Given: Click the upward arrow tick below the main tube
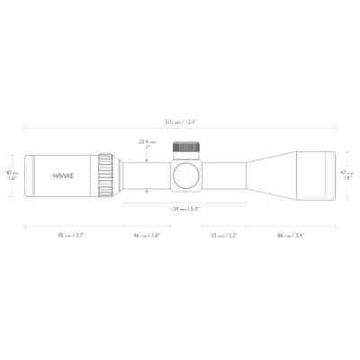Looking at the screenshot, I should (x=148, y=192).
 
